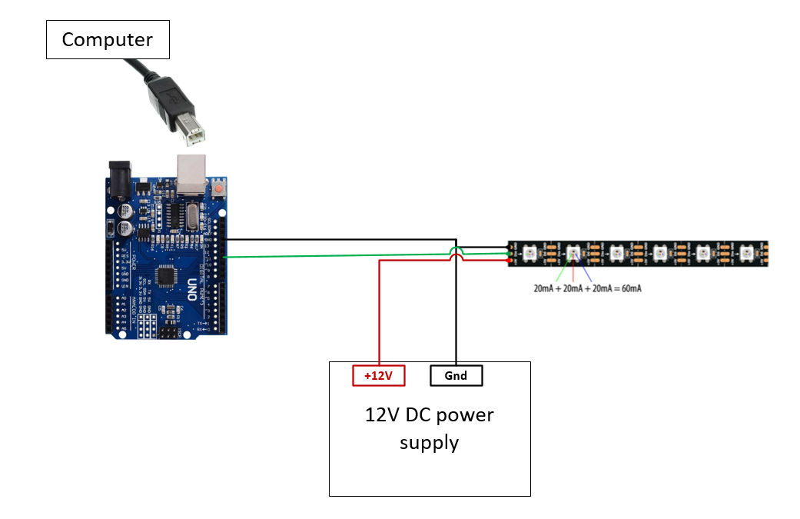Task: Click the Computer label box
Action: pos(108,40)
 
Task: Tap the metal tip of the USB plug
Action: pos(196,135)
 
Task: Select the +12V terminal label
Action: pos(378,376)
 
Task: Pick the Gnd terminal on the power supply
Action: pos(456,376)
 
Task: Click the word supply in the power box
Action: pos(429,443)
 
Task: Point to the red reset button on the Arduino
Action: pos(221,188)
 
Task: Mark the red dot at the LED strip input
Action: pos(510,261)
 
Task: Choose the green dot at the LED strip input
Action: pos(510,253)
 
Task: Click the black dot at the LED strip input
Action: pos(510,246)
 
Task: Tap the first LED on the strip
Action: pos(531,253)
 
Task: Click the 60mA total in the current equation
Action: pos(628,288)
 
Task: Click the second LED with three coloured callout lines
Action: pos(573,253)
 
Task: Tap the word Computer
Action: pos(108,40)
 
